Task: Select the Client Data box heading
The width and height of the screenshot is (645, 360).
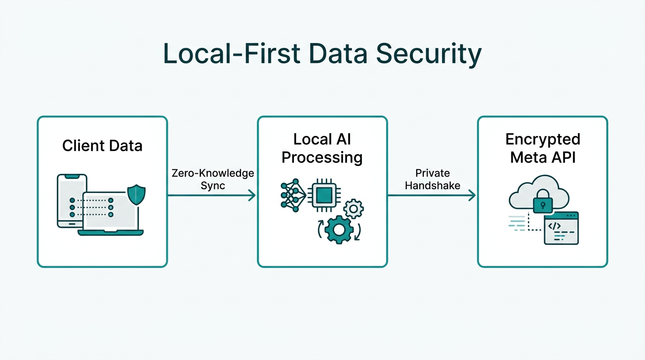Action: point(102,146)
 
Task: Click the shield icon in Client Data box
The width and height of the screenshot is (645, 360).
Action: point(136,195)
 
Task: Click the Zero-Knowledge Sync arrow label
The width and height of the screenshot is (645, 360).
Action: point(213,179)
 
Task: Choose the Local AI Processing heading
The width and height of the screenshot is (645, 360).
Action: point(322,148)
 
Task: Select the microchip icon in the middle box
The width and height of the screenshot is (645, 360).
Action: point(323,194)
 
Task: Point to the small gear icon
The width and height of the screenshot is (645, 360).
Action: point(353,209)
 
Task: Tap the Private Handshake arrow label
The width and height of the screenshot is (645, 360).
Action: point(433,179)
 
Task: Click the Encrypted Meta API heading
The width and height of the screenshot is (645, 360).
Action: point(542,148)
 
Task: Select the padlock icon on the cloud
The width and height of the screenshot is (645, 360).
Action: point(543,202)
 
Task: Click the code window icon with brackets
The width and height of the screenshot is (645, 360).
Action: point(561,228)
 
